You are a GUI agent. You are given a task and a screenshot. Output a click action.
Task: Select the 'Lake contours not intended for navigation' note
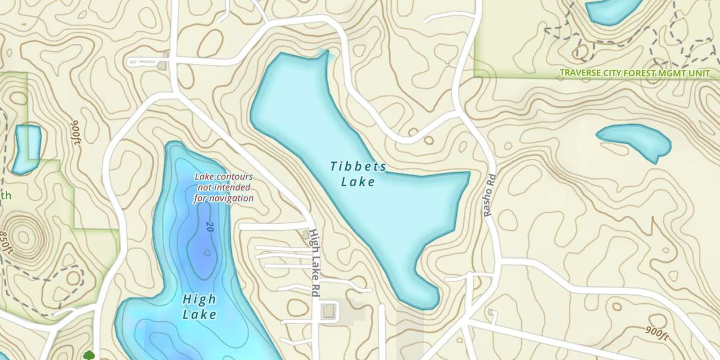pos(224,187)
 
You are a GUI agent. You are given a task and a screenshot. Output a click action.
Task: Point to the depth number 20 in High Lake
pos(208,227)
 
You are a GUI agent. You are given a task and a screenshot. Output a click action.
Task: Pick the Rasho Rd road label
pos(489,195)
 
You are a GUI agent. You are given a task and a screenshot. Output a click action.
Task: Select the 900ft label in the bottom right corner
pos(656,332)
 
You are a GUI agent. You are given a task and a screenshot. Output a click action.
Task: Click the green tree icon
pos(88,355)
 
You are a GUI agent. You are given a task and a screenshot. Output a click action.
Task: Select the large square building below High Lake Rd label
pos(329,311)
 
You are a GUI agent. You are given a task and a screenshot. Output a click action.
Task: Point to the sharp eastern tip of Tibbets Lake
pos(468,172)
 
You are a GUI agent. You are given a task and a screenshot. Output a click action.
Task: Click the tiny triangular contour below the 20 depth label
pos(207,252)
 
